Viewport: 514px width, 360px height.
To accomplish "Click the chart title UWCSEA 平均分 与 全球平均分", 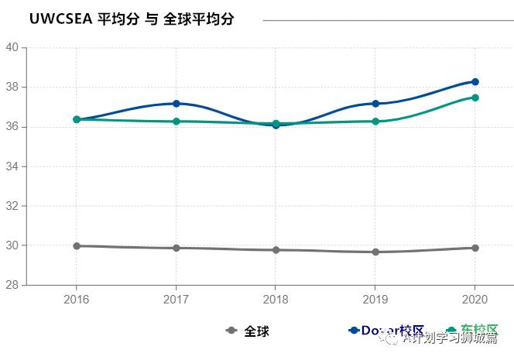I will coord(132,19).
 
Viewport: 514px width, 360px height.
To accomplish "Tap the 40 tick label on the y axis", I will coord(12,47).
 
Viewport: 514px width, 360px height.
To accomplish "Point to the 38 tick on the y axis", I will coord(12,87).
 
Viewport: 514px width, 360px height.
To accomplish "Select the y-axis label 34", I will coord(12,166).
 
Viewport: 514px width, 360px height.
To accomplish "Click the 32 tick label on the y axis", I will coord(12,206).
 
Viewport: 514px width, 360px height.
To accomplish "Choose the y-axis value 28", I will coord(12,285).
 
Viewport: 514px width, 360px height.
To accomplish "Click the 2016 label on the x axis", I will coord(76,299).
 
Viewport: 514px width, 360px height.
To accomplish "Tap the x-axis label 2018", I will coord(276,299).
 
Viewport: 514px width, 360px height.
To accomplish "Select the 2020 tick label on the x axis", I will coord(475,299).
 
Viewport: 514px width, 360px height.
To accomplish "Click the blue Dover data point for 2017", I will coord(176,104).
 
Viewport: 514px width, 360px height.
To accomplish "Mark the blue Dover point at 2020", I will coord(475,82).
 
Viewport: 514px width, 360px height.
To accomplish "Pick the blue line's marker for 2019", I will coord(375,104).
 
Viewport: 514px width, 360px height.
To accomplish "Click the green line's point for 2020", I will coord(475,98).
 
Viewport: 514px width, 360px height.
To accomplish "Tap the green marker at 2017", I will coord(176,122).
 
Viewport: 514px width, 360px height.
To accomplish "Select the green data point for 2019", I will coord(375,122).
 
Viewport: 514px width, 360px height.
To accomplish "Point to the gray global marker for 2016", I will coord(76,246).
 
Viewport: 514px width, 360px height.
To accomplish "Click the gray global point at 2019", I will coord(375,252).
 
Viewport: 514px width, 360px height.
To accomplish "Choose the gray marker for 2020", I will coord(475,248).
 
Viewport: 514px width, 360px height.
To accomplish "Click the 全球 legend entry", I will coord(248,331).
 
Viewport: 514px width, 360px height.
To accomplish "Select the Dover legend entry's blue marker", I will coord(355,330).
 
